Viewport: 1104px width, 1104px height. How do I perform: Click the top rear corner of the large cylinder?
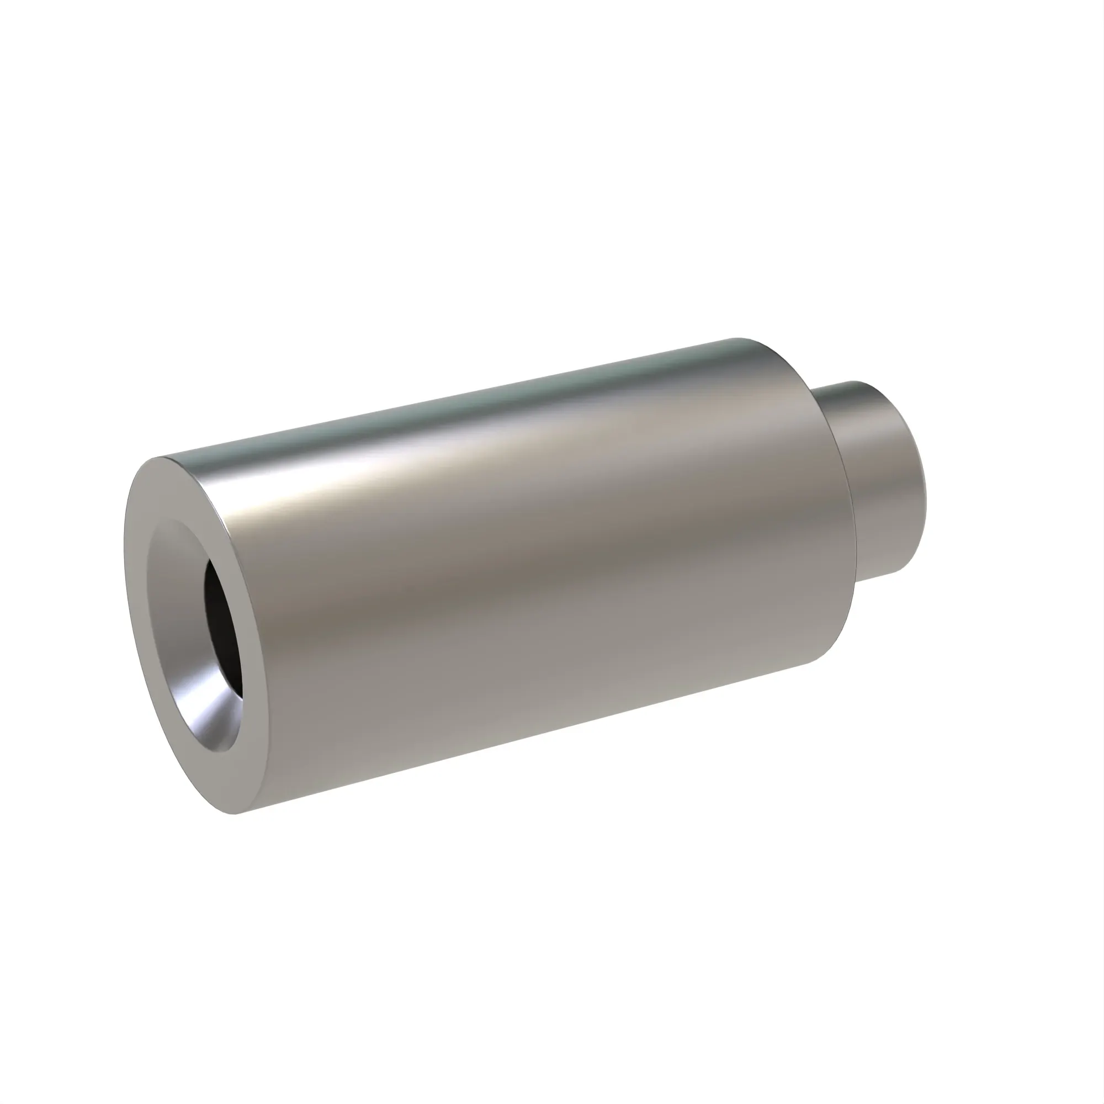click(x=743, y=339)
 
